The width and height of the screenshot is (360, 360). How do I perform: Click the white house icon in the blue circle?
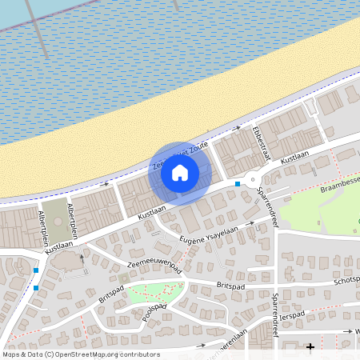point(180,172)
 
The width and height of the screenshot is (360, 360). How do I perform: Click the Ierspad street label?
point(294,314)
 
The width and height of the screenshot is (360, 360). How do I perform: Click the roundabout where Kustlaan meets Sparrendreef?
point(255,179)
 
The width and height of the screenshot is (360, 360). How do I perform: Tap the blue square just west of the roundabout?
point(238,185)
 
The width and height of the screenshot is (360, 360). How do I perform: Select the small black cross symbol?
point(310,346)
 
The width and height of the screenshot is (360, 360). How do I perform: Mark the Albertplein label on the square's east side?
point(75,221)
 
